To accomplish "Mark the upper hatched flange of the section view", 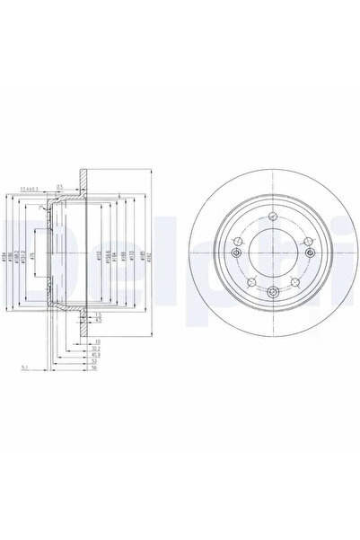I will pyautogui.click(x=82, y=179).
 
